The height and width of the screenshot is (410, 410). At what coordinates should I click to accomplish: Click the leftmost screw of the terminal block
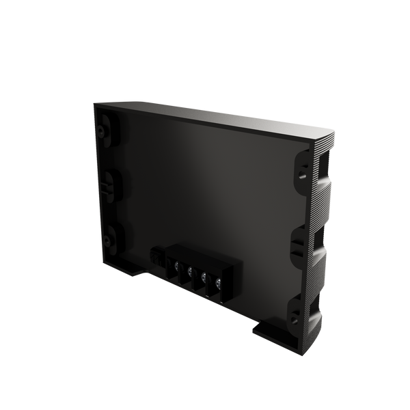176,265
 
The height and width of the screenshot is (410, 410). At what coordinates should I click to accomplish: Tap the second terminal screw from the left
190,271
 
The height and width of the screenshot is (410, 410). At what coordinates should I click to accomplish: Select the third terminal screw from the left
204,276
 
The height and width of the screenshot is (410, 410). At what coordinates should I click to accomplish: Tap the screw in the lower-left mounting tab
107,239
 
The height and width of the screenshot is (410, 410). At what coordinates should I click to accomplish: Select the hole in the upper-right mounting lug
301,172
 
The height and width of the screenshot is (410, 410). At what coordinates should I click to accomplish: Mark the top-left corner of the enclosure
94,102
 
